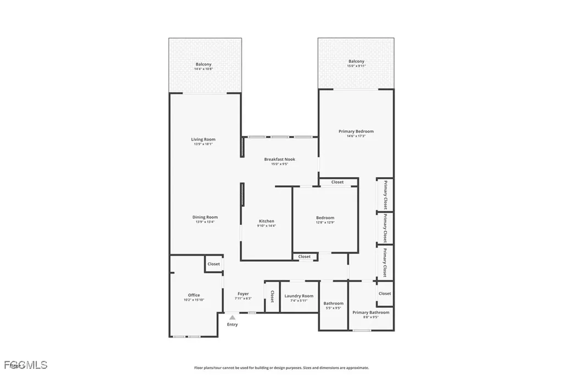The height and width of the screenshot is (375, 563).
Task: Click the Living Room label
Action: [x=203, y=140]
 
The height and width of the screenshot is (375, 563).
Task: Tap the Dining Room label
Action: [x=205, y=217]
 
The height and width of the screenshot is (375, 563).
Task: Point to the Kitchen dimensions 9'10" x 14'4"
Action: [x=266, y=226]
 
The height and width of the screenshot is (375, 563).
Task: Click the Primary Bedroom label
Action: [x=356, y=131]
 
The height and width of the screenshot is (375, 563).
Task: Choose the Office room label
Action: [x=194, y=295]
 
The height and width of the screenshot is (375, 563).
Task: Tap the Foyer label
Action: [x=243, y=294]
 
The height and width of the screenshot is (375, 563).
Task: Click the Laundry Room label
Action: [x=299, y=296]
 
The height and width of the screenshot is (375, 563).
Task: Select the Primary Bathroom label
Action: [x=371, y=312]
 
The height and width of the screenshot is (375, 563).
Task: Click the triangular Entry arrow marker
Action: [x=233, y=317]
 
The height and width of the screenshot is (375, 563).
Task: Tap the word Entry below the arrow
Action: [x=233, y=324]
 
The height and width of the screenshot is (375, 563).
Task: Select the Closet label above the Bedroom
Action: [x=337, y=182]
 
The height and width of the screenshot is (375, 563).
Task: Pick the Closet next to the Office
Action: [x=213, y=264]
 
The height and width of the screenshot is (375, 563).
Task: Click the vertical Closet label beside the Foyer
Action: [x=272, y=296]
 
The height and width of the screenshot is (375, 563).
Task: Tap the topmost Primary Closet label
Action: [x=385, y=195]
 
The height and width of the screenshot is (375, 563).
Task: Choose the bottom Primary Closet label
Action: [x=385, y=262]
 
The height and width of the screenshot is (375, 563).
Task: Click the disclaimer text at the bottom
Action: [x=281, y=368]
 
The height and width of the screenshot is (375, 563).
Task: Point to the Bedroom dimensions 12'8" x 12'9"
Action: [x=324, y=223]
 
